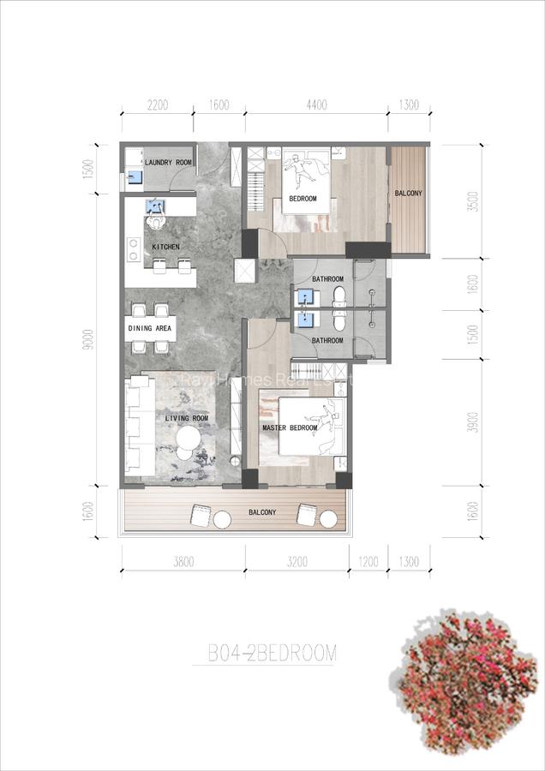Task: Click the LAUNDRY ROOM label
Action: pos(167,162)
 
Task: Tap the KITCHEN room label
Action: pos(165,247)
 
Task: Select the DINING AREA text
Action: pos(150,329)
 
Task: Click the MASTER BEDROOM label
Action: pos(290,427)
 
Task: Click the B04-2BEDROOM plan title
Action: pos(272,654)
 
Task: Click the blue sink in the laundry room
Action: pos(133,177)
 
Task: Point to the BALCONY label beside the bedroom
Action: pos(408,194)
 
